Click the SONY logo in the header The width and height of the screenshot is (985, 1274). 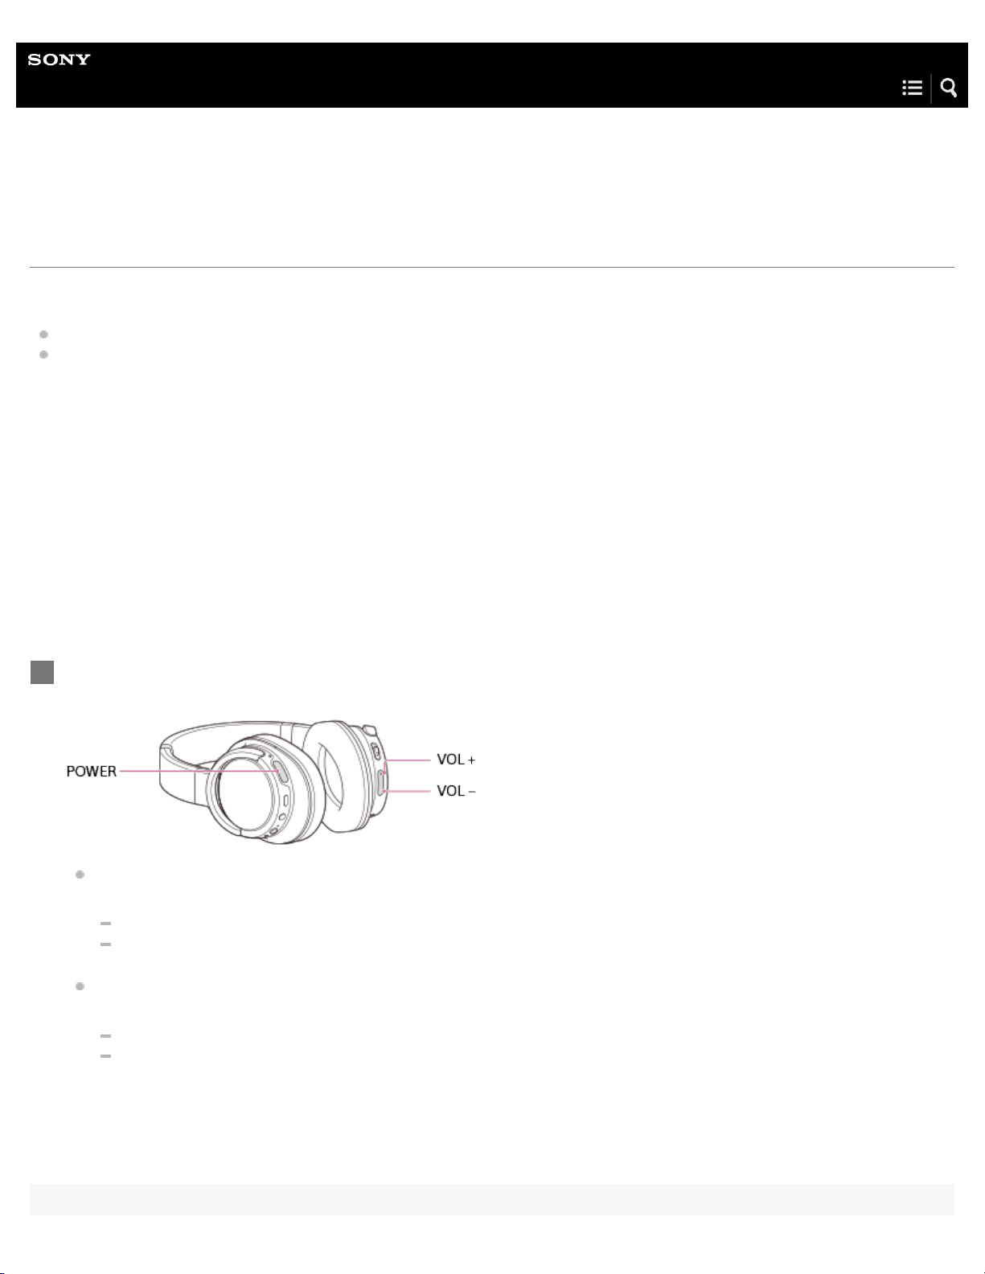pyautogui.click(x=60, y=59)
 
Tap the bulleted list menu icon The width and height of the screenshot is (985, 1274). pyautogui.click(x=912, y=88)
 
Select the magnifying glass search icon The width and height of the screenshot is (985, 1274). pyautogui.click(x=949, y=88)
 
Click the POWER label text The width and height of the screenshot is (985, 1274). pyautogui.click(x=92, y=772)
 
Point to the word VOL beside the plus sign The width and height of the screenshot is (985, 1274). pyautogui.click(x=451, y=760)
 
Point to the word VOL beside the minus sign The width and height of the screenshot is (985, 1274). pyautogui.click(x=451, y=792)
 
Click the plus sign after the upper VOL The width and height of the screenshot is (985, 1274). pyautogui.click(x=471, y=760)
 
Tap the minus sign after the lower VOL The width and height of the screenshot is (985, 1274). pyautogui.click(x=471, y=792)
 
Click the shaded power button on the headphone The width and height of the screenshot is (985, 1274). pyautogui.click(x=281, y=772)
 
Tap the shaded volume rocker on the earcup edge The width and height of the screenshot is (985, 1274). pyautogui.click(x=381, y=781)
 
